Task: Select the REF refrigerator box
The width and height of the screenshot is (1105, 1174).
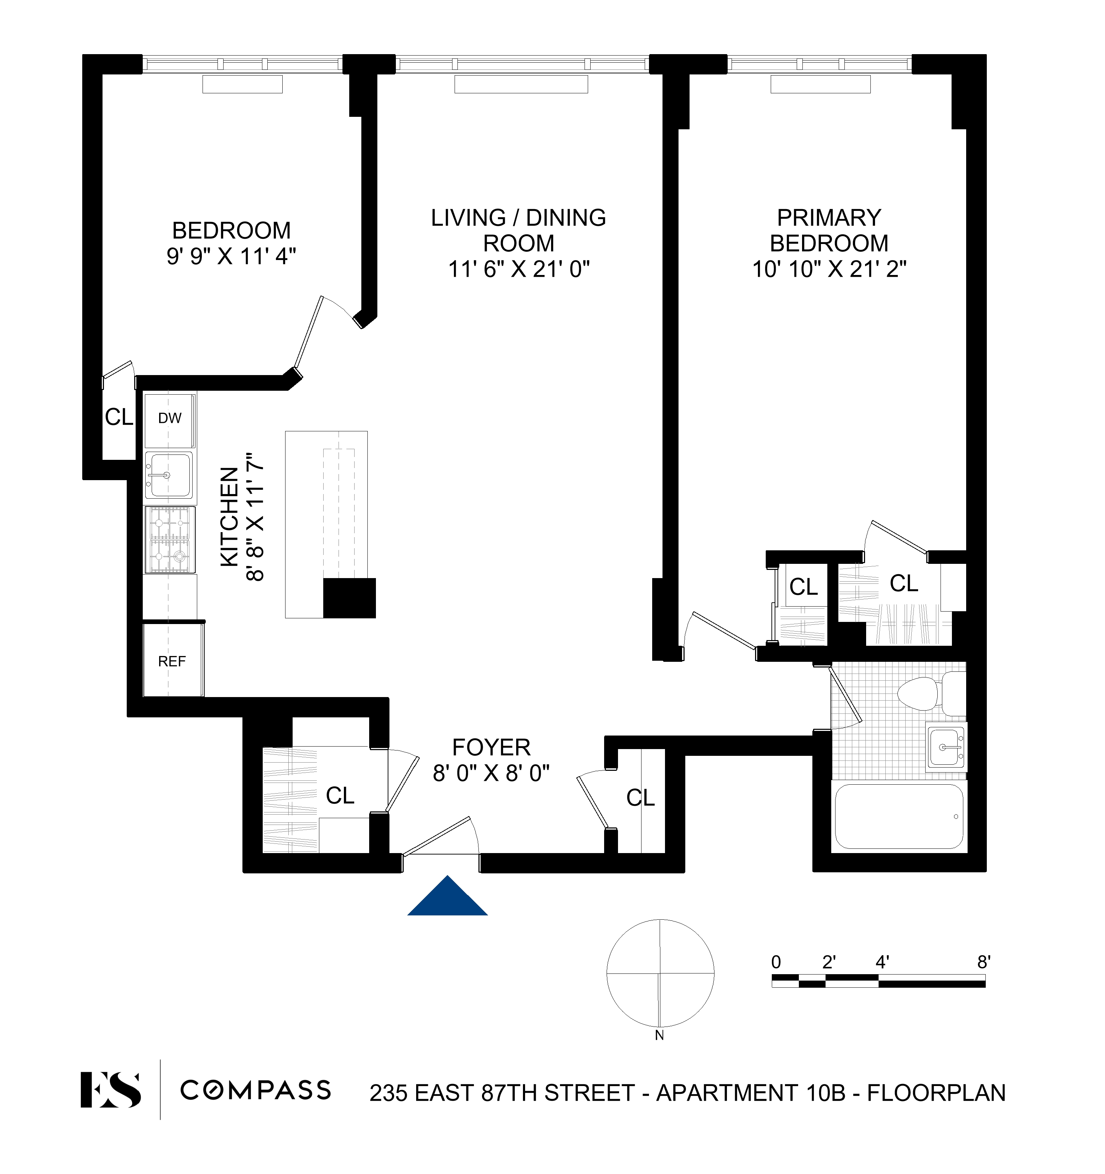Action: [172, 661]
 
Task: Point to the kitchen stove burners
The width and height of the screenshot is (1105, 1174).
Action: [170, 539]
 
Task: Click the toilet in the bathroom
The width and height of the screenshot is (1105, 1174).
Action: [921, 693]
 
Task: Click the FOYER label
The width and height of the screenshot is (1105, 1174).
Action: [491, 748]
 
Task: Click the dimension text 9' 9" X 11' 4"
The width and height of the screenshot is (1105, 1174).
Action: [231, 256]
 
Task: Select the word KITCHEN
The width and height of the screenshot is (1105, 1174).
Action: [229, 517]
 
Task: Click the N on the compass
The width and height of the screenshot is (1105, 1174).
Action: [659, 1035]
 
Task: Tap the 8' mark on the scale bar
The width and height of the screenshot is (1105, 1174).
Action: [983, 962]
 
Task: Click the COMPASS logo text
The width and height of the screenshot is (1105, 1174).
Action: [255, 1090]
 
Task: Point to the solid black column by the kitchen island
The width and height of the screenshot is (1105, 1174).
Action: [349, 598]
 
